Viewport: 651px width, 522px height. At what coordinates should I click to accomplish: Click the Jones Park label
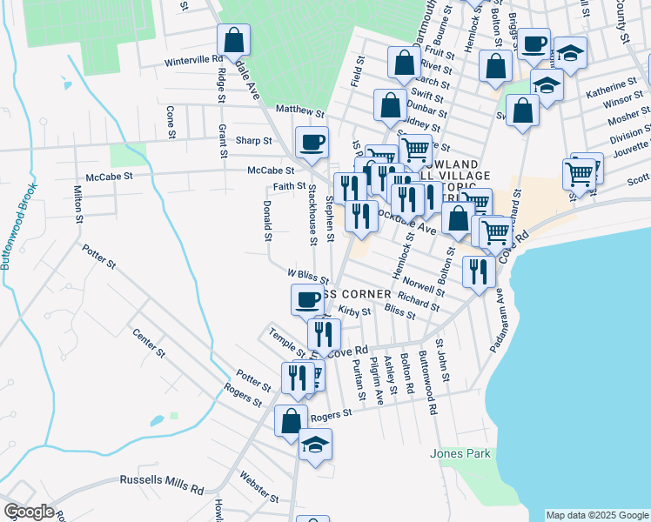click(x=460, y=453)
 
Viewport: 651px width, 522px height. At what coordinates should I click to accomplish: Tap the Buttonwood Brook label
click(x=6, y=225)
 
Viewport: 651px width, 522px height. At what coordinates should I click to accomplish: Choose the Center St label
click(x=148, y=342)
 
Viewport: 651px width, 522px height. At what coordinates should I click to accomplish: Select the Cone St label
click(x=171, y=117)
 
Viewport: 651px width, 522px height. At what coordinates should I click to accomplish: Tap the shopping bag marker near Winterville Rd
click(x=233, y=40)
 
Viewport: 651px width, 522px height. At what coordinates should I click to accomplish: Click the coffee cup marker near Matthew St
click(x=311, y=142)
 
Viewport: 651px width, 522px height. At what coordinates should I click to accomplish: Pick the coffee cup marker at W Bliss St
click(x=306, y=300)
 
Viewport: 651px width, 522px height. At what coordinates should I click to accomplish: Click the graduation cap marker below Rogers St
click(x=315, y=445)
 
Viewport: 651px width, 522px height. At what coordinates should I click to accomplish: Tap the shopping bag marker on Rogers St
click(x=291, y=421)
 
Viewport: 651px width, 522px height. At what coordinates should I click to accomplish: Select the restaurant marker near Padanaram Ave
click(x=478, y=271)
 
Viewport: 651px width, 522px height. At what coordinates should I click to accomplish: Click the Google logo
click(x=28, y=512)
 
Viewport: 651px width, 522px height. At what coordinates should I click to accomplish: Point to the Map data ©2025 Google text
click(x=597, y=515)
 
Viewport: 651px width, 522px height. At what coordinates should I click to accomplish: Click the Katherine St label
click(x=606, y=89)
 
